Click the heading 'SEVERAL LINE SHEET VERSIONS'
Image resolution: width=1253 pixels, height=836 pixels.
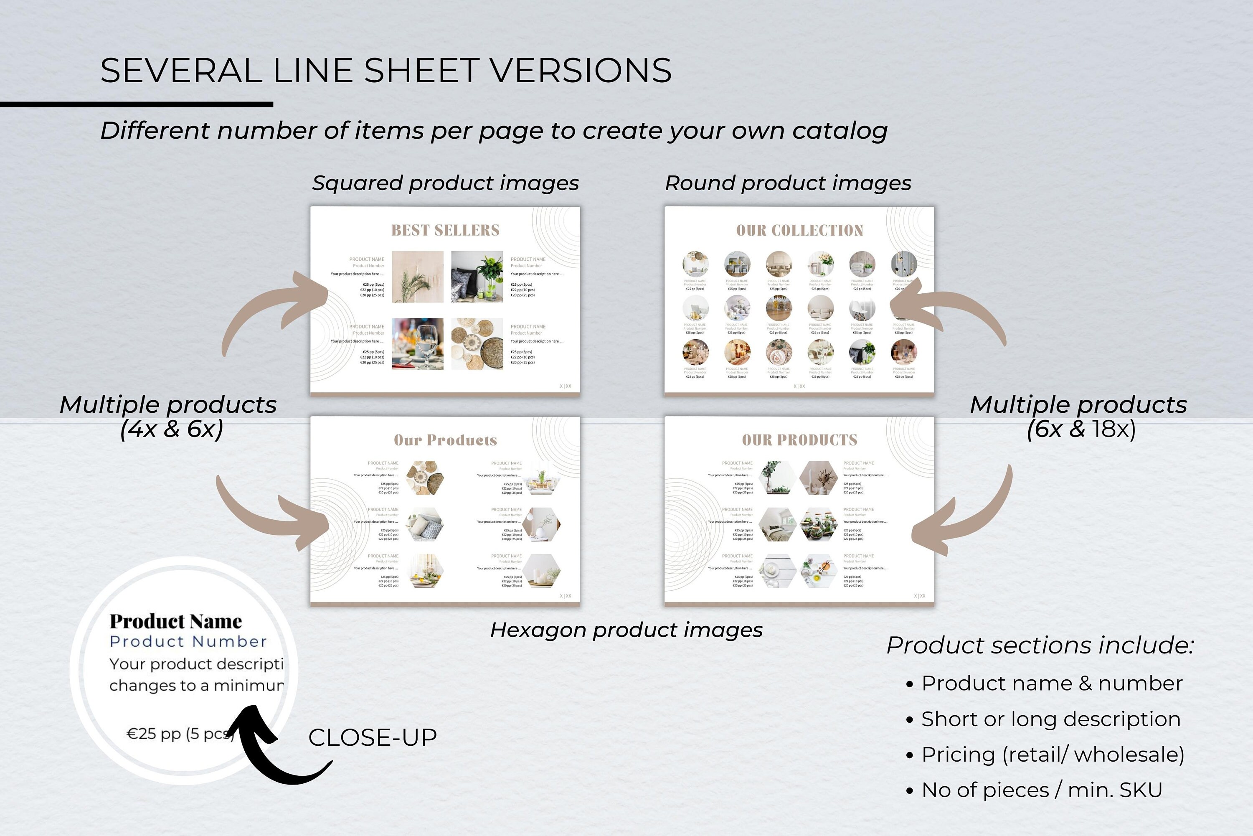click(x=386, y=70)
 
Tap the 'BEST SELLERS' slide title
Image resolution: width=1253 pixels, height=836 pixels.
click(x=446, y=230)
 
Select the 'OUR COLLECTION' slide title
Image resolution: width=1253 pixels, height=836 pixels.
click(x=799, y=230)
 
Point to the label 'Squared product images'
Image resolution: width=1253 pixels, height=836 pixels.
click(x=446, y=183)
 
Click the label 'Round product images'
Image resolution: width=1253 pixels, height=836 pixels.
click(x=788, y=183)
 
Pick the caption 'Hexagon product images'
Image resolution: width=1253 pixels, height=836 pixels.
click(x=626, y=630)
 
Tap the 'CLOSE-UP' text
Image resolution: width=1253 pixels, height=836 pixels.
click(x=373, y=737)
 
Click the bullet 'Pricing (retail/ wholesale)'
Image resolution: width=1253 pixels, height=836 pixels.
click(x=1053, y=755)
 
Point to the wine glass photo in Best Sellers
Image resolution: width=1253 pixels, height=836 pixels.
click(x=417, y=344)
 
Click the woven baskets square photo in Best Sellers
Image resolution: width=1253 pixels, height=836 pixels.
click(x=477, y=344)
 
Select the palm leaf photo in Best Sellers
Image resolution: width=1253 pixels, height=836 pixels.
click(x=417, y=277)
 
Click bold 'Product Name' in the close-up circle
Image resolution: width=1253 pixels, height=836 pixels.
click(x=176, y=622)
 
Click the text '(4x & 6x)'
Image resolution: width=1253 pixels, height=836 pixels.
click(x=172, y=429)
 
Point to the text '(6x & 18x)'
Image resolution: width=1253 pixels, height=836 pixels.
click(x=1081, y=429)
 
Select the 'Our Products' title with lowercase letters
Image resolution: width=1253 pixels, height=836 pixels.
click(x=446, y=440)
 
